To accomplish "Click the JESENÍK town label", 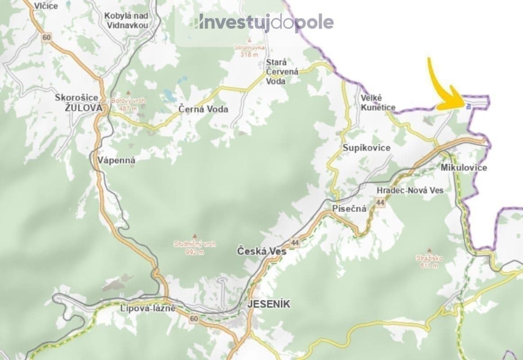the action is [x=269, y=304].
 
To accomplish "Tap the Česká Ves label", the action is [x=261, y=252].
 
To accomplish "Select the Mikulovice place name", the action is [x=464, y=168].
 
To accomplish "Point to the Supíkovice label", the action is [x=366, y=148].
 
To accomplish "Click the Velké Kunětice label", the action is [x=378, y=103].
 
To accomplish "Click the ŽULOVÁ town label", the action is [x=79, y=108].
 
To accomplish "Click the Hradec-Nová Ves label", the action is [x=410, y=190].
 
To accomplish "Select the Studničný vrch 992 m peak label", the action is [x=195, y=247].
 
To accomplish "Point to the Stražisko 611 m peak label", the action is [x=429, y=261].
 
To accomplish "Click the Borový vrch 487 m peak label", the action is [x=128, y=104].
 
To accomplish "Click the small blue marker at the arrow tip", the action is [x=469, y=107].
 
